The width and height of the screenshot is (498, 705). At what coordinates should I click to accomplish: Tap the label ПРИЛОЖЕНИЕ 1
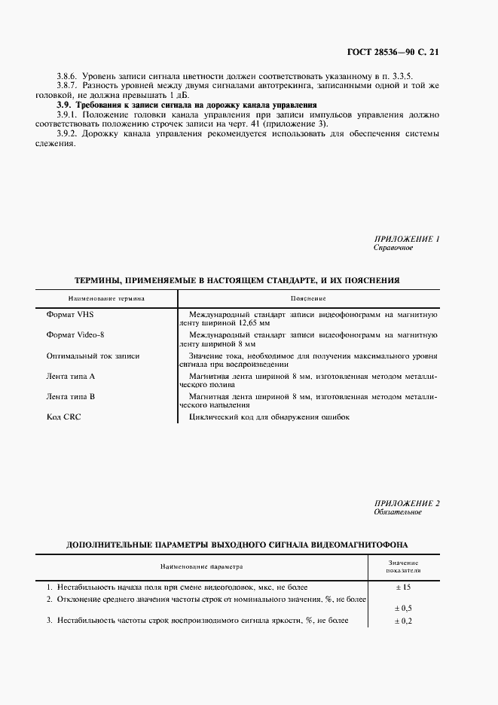coord(406,238)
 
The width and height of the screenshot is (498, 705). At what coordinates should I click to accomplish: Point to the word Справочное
coord(393,247)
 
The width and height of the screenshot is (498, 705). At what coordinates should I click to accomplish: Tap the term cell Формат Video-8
coord(77,334)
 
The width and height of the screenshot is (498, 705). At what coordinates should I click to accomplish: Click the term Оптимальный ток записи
coord(93,355)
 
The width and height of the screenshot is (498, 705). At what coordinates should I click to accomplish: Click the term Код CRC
coord(64,417)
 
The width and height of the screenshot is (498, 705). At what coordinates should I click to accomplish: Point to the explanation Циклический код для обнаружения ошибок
coord(269,417)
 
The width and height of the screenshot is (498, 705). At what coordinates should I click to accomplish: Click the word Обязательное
coord(397,512)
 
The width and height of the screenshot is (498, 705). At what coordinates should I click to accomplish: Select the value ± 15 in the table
coord(403,586)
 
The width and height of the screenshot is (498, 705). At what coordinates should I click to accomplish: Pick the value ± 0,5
coord(403,607)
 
